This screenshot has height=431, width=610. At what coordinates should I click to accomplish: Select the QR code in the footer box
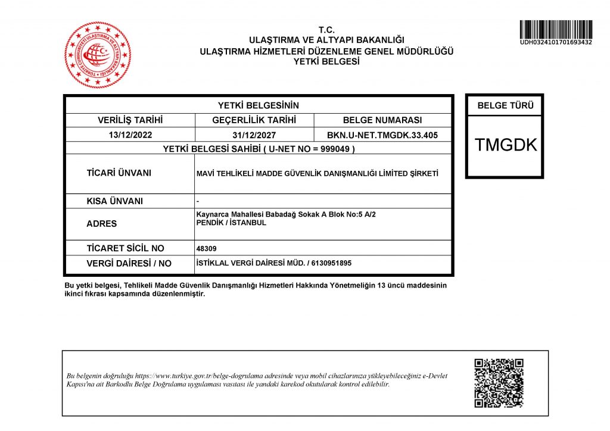pos(499,383)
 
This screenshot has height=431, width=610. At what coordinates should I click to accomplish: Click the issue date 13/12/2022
pos(130,135)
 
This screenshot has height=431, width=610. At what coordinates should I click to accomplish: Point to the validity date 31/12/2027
pos(254,135)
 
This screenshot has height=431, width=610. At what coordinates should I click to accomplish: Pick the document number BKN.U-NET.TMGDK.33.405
pos(382,135)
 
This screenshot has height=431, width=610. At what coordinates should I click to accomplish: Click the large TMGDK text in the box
pos(505,145)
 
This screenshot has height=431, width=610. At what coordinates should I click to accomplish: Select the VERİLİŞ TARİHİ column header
pos(130,120)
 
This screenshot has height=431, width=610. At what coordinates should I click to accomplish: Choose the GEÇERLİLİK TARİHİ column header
pos(254,120)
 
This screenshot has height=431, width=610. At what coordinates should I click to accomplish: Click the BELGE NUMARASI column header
pos(382,120)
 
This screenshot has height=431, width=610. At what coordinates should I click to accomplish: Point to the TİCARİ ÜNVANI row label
pos(119,173)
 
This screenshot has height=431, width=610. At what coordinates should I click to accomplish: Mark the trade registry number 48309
pos(205,249)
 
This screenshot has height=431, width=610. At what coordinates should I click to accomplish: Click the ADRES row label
pos(102,224)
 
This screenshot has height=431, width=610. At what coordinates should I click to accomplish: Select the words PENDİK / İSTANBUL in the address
pos(231,223)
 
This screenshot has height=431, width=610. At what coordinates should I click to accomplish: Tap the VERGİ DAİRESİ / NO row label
pos(129,263)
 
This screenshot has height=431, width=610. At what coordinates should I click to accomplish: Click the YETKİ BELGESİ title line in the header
pos(326,61)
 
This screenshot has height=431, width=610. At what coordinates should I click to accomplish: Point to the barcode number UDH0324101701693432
pos(555,42)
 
